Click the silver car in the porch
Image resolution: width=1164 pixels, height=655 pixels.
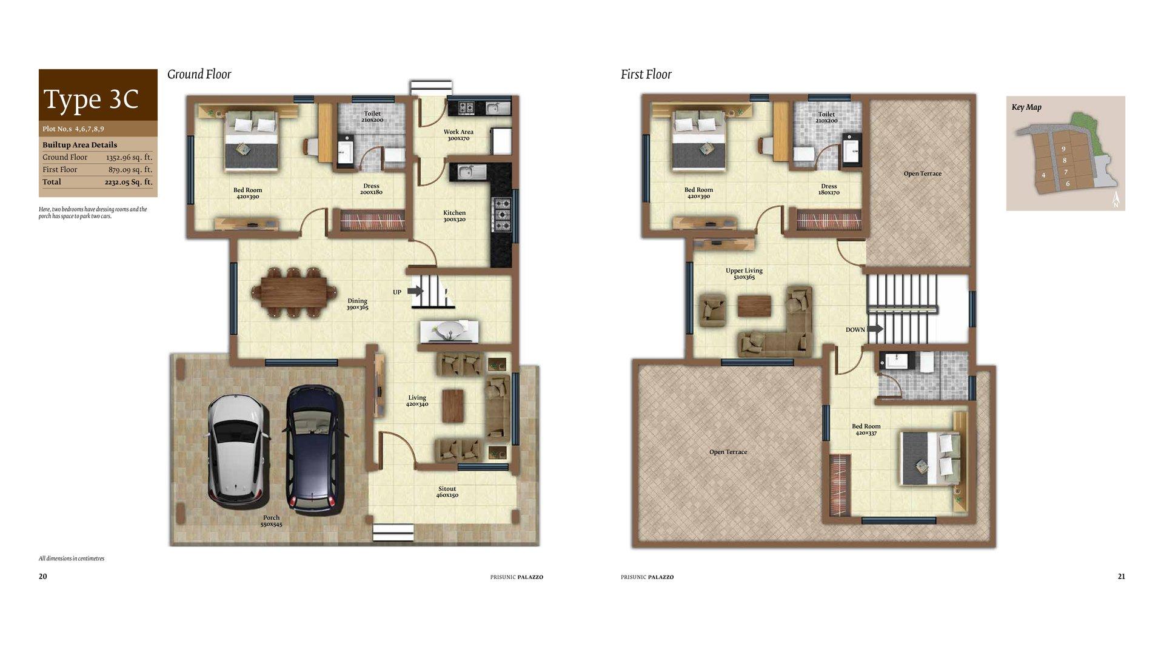coord(237,448)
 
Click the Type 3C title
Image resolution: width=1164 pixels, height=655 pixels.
coord(91,99)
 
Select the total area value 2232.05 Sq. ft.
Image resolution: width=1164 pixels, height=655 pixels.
coord(129,182)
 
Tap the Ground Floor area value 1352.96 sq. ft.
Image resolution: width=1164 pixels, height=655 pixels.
coord(129,157)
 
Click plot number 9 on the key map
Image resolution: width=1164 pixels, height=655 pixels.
coord(1063,149)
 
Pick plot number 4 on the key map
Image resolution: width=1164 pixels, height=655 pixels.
coord(1043,175)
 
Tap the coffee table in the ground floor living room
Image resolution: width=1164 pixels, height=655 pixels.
coord(453,406)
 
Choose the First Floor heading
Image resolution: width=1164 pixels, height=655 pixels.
coord(646,75)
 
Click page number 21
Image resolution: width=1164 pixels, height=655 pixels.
coord(1122,577)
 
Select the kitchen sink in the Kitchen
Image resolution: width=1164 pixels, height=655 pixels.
coord(468,172)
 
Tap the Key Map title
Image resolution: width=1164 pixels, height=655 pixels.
coord(1026,107)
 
